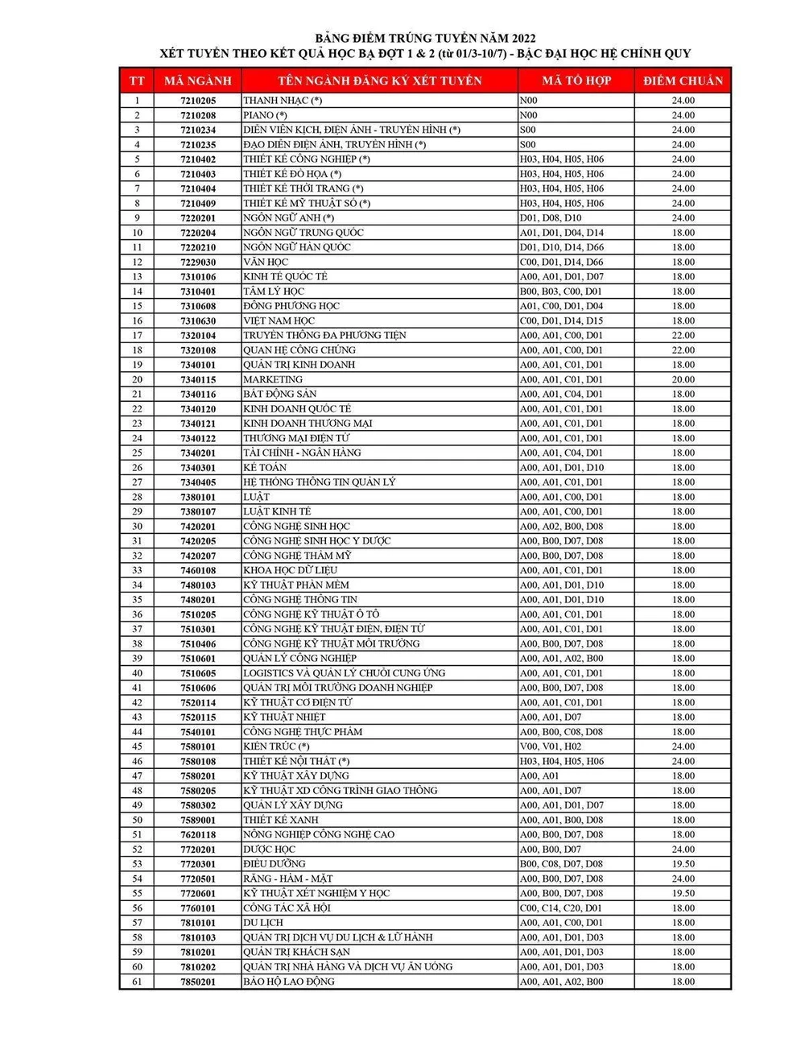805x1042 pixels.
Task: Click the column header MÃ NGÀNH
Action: [197, 81]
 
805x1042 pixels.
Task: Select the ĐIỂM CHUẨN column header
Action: [683, 81]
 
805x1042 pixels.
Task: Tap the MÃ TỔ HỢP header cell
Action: [576, 81]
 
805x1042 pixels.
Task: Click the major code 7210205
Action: [198, 101]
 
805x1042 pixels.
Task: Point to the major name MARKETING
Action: [273, 379]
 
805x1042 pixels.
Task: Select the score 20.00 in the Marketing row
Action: [683, 379]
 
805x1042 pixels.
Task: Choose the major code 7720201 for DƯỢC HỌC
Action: [198, 850]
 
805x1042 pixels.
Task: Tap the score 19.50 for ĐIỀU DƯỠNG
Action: [683, 864]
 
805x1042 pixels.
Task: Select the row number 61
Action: [138, 982]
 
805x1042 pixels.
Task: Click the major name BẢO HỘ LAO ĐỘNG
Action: [289, 982]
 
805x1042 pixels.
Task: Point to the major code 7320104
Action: [198, 335]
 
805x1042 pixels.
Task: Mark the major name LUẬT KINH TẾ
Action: [277, 511]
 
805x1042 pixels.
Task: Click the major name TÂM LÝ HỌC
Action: [274, 292]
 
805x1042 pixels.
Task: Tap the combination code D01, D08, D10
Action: [551, 217]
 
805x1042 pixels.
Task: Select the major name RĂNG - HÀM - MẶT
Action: [288, 879]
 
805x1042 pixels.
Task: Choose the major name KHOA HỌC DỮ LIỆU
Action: [290, 570]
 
